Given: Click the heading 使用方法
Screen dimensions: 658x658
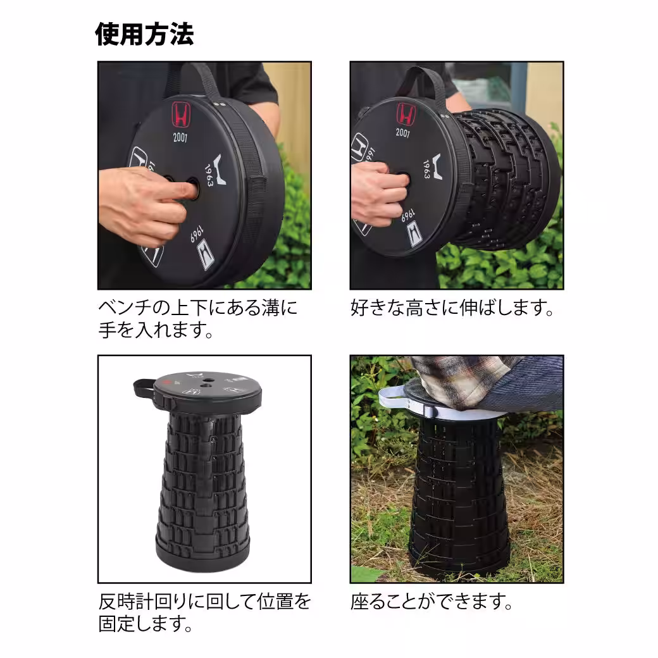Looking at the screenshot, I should [144, 34].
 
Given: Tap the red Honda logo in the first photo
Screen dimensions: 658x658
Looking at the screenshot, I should [181, 115].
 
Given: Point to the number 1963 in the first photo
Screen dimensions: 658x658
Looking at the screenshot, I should [210, 171].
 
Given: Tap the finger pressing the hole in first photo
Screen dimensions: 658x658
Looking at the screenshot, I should [180, 187].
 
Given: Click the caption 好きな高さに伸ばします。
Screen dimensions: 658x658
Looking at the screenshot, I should [452, 309].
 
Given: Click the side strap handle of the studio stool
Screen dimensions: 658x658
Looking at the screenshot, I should [146, 387].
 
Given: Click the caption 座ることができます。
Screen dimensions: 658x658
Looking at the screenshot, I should [431, 601].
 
